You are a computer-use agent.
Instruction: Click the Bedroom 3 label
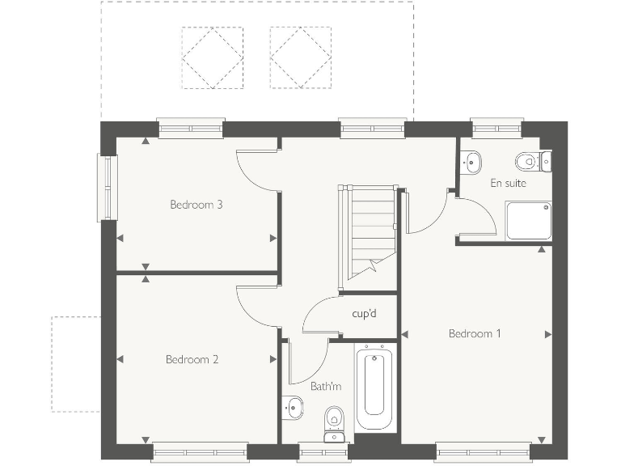pos(196,205)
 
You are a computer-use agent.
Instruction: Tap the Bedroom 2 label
pos(192,359)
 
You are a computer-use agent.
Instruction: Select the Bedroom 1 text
pos(475,333)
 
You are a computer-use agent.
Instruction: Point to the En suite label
pos(508,184)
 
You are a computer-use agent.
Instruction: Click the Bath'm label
pos(326,387)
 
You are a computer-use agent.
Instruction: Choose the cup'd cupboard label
pos(365,313)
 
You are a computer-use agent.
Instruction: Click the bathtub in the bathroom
pos(374,390)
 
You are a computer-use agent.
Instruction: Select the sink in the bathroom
pos(292,407)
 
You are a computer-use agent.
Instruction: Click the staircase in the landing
pos(368,231)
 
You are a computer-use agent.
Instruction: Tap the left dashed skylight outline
pos(212,57)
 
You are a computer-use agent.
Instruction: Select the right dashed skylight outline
pos(300,57)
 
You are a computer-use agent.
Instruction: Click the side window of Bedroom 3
pos(108,187)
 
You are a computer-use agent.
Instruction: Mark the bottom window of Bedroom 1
pos(483,451)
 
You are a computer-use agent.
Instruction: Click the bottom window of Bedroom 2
pos(200,451)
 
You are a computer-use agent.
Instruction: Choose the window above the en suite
pos(497,127)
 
